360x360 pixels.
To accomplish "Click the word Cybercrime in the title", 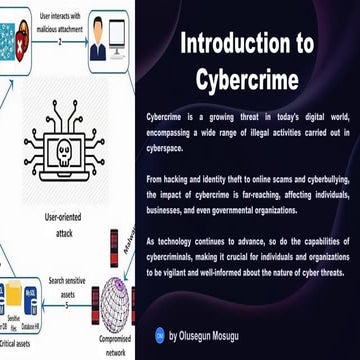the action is point(247,78).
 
